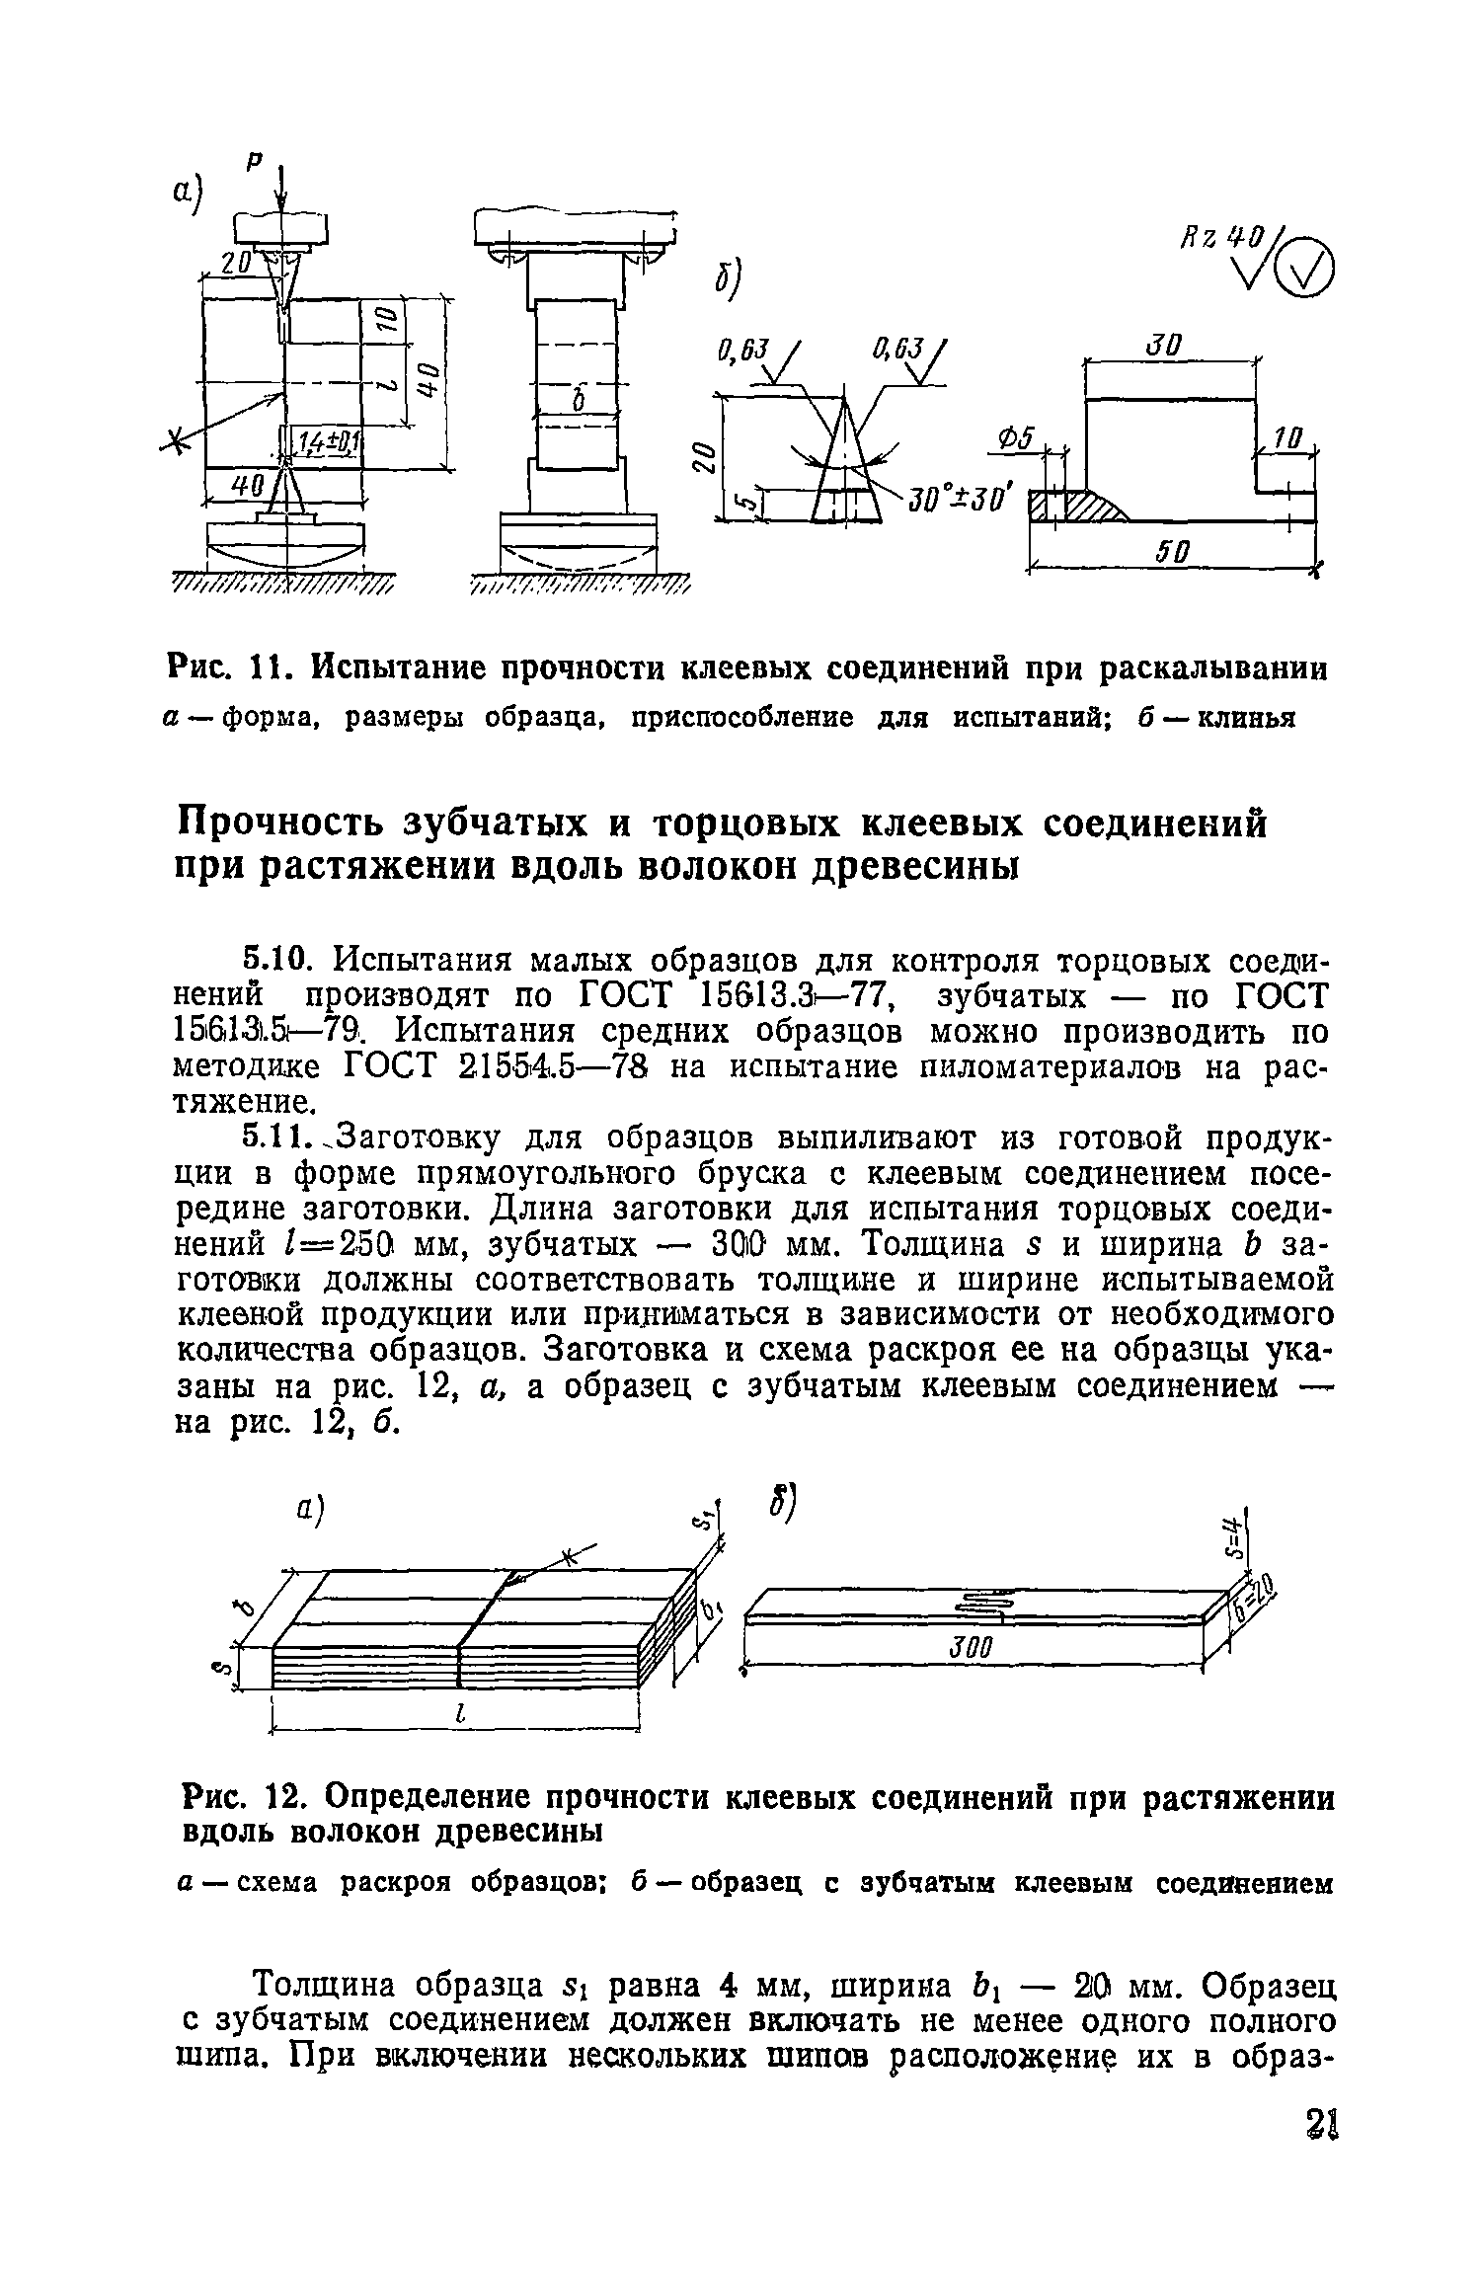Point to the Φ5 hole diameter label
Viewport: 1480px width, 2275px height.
[x=1012, y=437]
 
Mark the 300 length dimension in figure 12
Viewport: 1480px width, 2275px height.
[x=971, y=1646]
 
